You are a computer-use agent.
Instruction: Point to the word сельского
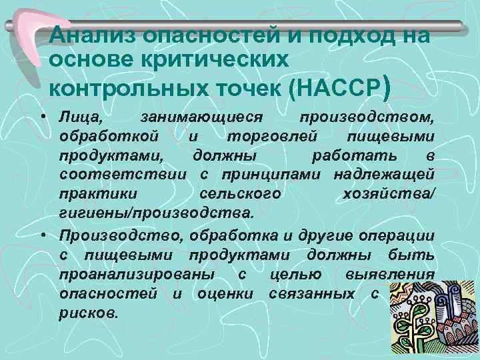[x=241, y=193]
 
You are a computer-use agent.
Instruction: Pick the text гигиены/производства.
[x=156, y=213]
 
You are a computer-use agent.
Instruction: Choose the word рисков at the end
[x=88, y=312]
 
